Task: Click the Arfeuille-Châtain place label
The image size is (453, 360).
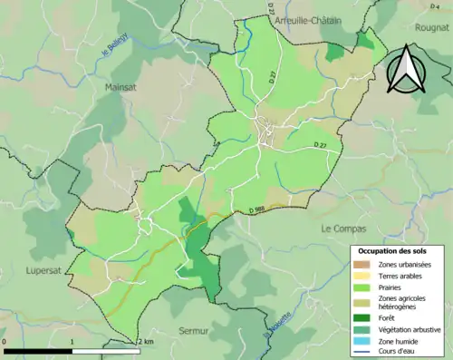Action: tap(307, 20)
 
